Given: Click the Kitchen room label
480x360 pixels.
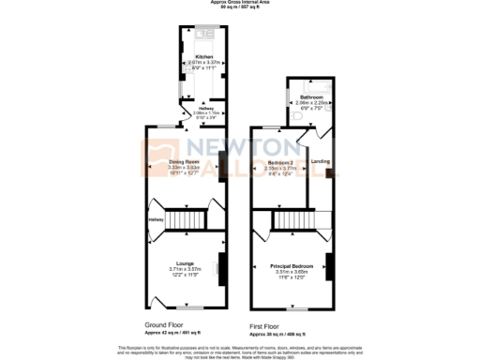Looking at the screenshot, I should pyautogui.click(x=203, y=56).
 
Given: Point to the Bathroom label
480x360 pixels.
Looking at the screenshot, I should pyautogui.click(x=311, y=97).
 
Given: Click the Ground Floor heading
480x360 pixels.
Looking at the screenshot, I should pyautogui.click(x=163, y=324).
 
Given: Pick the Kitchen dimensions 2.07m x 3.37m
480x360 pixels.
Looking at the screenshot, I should pyautogui.click(x=203, y=62).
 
